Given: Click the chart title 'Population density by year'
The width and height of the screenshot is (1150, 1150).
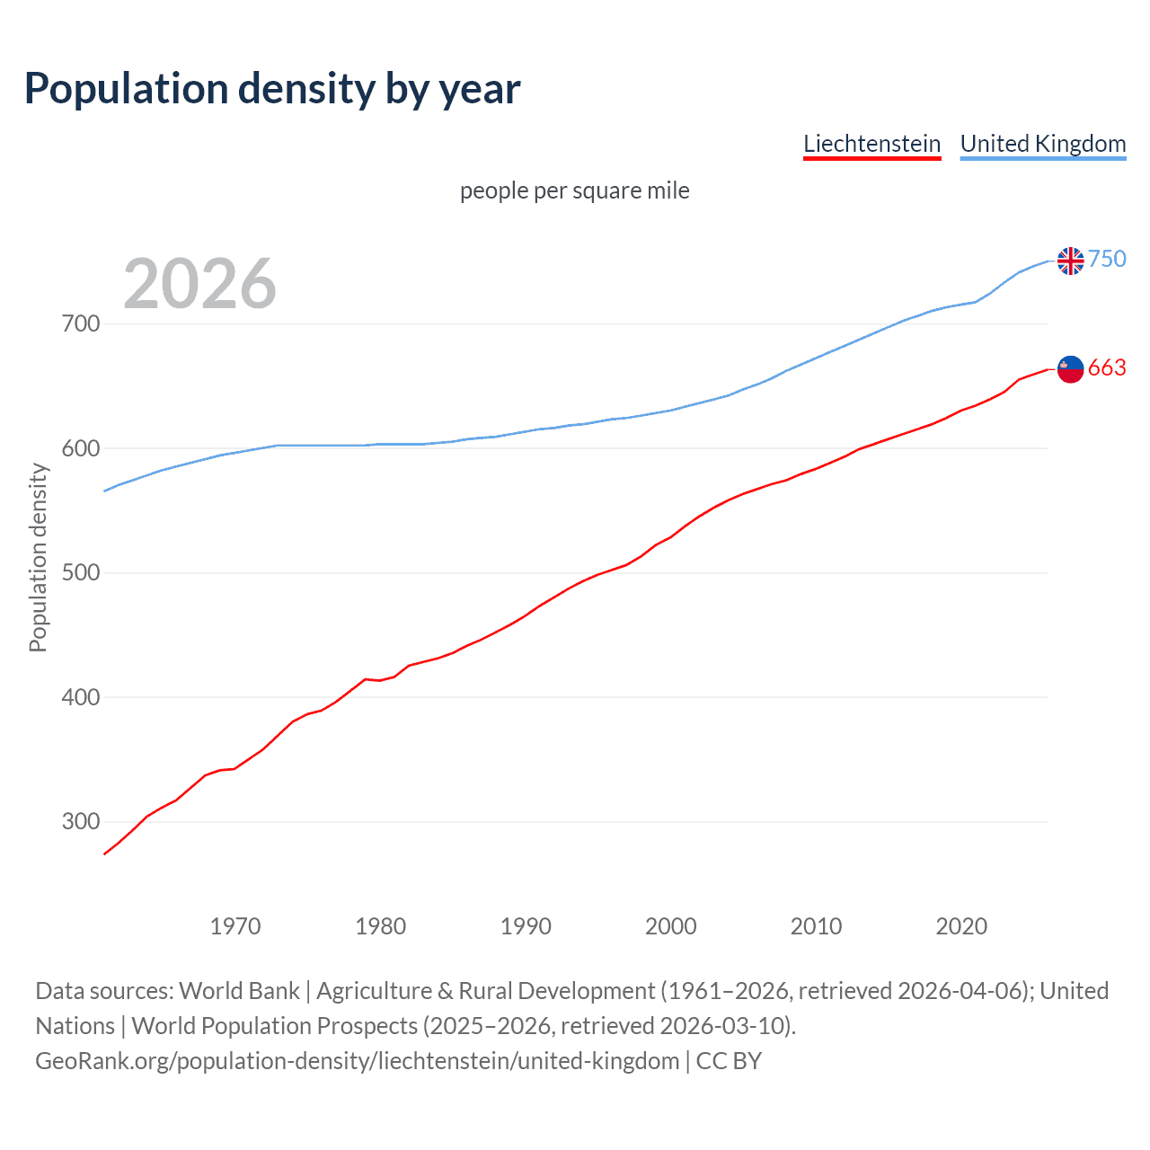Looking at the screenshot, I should click(x=272, y=89).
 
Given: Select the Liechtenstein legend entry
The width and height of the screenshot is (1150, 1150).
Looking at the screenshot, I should click(x=871, y=144).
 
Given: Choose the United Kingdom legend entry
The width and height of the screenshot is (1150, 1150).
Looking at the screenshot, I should click(x=1042, y=144).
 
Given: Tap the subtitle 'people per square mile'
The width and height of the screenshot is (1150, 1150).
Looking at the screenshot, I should click(x=574, y=190).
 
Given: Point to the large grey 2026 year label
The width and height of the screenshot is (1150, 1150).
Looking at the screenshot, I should click(x=199, y=284).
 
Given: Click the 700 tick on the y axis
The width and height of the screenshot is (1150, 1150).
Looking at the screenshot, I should click(x=81, y=323).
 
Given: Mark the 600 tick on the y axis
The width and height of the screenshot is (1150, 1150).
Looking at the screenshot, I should click(x=81, y=448).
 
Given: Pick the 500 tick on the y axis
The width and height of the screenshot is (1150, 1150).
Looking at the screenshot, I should click(x=81, y=572).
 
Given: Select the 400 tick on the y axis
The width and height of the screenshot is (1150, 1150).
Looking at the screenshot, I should click(x=81, y=697).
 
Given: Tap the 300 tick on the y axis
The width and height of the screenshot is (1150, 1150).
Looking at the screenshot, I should click(x=81, y=821).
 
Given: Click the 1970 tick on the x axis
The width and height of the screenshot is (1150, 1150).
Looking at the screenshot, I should click(x=235, y=926).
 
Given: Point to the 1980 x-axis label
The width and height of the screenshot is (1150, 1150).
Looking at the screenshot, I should click(x=380, y=926).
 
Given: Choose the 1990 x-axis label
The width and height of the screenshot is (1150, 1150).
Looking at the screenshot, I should click(x=526, y=926).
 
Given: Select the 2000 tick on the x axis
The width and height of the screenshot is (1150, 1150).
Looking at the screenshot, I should click(x=671, y=926).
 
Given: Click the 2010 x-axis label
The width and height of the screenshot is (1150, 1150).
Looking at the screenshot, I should click(x=816, y=926).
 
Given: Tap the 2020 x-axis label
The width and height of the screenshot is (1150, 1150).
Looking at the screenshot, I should click(x=961, y=926).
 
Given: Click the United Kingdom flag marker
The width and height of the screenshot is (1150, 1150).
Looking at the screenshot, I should click(x=1070, y=261).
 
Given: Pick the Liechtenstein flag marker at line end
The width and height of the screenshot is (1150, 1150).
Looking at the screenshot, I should click(x=1070, y=368).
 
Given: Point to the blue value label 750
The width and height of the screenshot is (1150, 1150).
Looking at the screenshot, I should click(x=1107, y=259).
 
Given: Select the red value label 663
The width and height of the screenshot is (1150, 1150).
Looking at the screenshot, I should click(x=1107, y=367).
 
